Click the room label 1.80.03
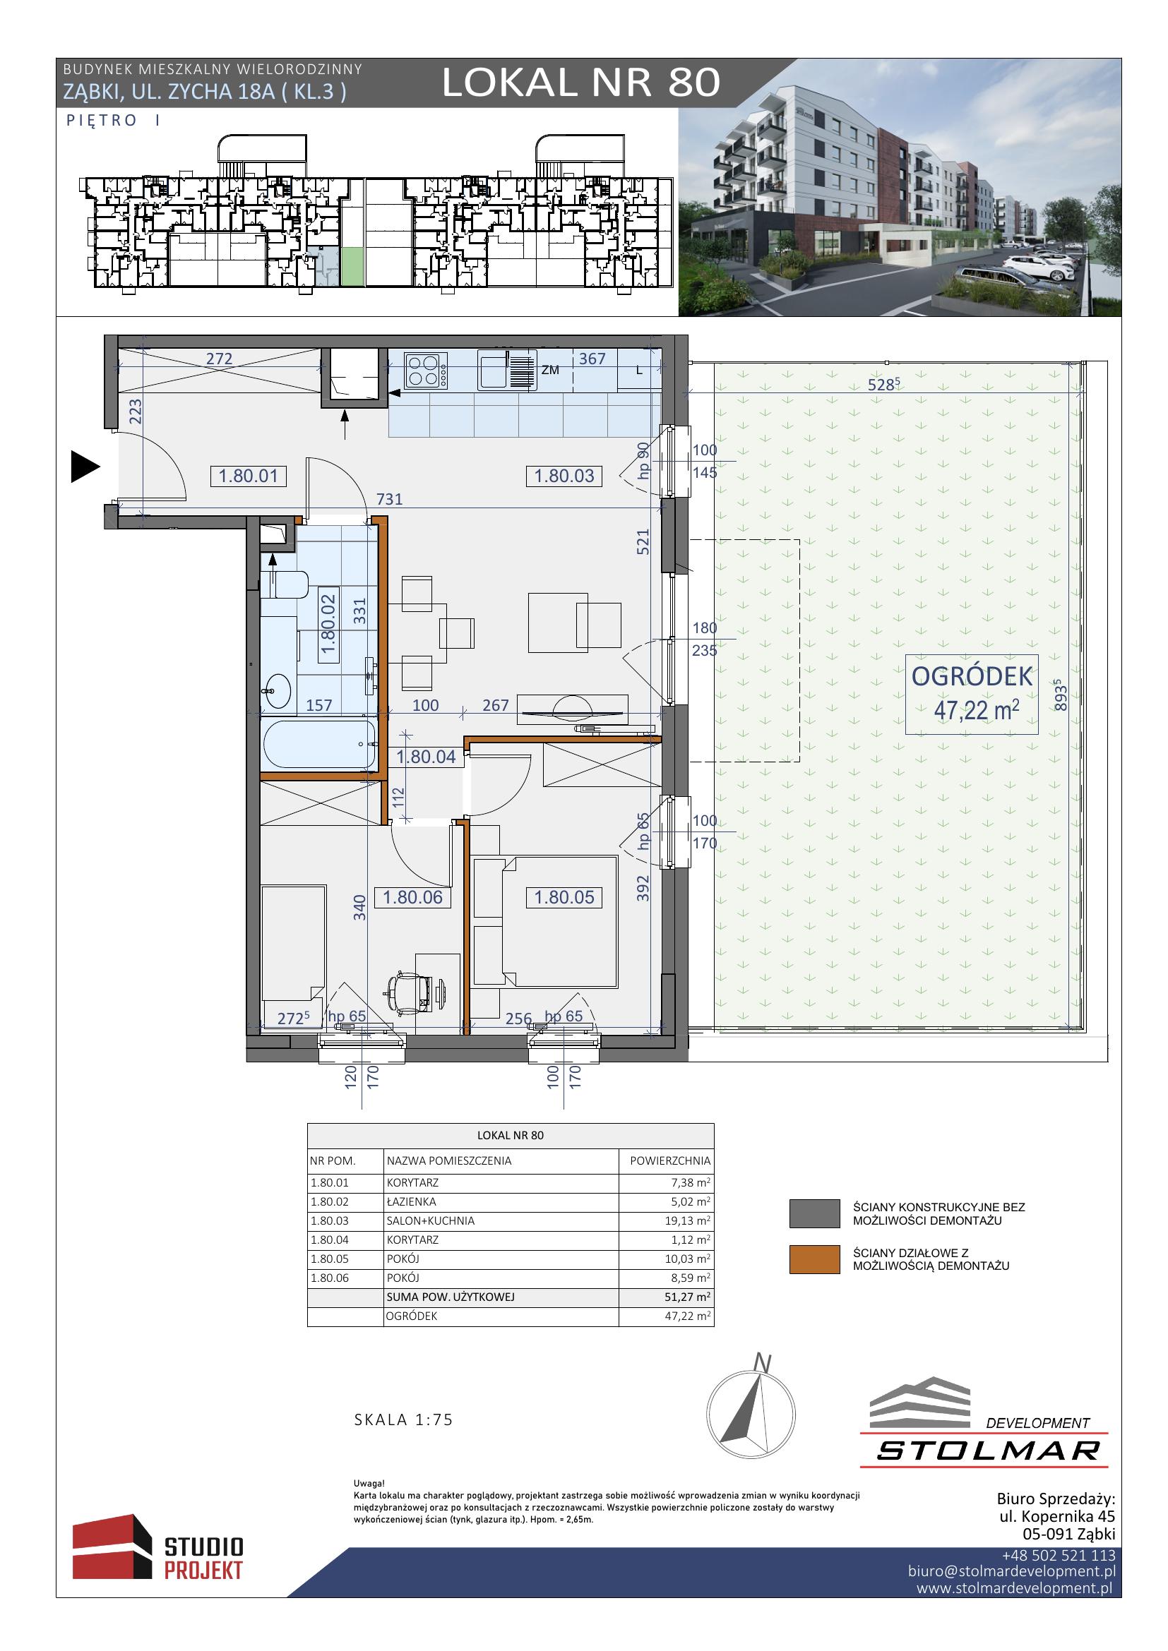point(565,475)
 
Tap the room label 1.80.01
point(248,475)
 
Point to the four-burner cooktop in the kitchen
point(426,371)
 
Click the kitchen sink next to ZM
point(508,370)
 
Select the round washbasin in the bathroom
point(276,692)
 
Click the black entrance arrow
point(85,467)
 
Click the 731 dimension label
point(389,499)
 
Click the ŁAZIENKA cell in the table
point(411,1201)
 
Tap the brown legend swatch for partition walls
point(814,1260)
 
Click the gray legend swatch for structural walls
point(814,1213)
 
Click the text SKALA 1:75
point(404,1419)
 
